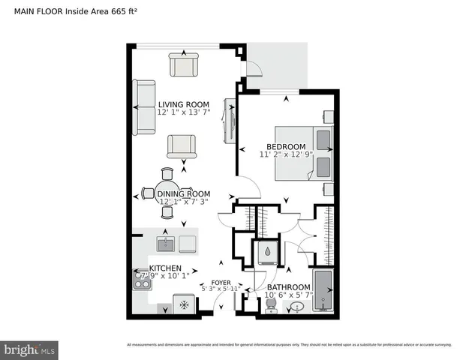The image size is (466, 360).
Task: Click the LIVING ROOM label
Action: [x=183, y=104]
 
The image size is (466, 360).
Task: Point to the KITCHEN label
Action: [x=165, y=268]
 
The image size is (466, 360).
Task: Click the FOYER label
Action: [x=221, y=282]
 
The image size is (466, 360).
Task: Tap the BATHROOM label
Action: [x=289, y=287]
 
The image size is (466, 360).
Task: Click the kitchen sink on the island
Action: [x=165, y=244]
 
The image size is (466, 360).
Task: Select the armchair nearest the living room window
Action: [x=183, y=66]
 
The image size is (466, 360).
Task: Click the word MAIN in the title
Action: [x=27, y=10]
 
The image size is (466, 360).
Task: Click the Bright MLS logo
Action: [x=30, y=349]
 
